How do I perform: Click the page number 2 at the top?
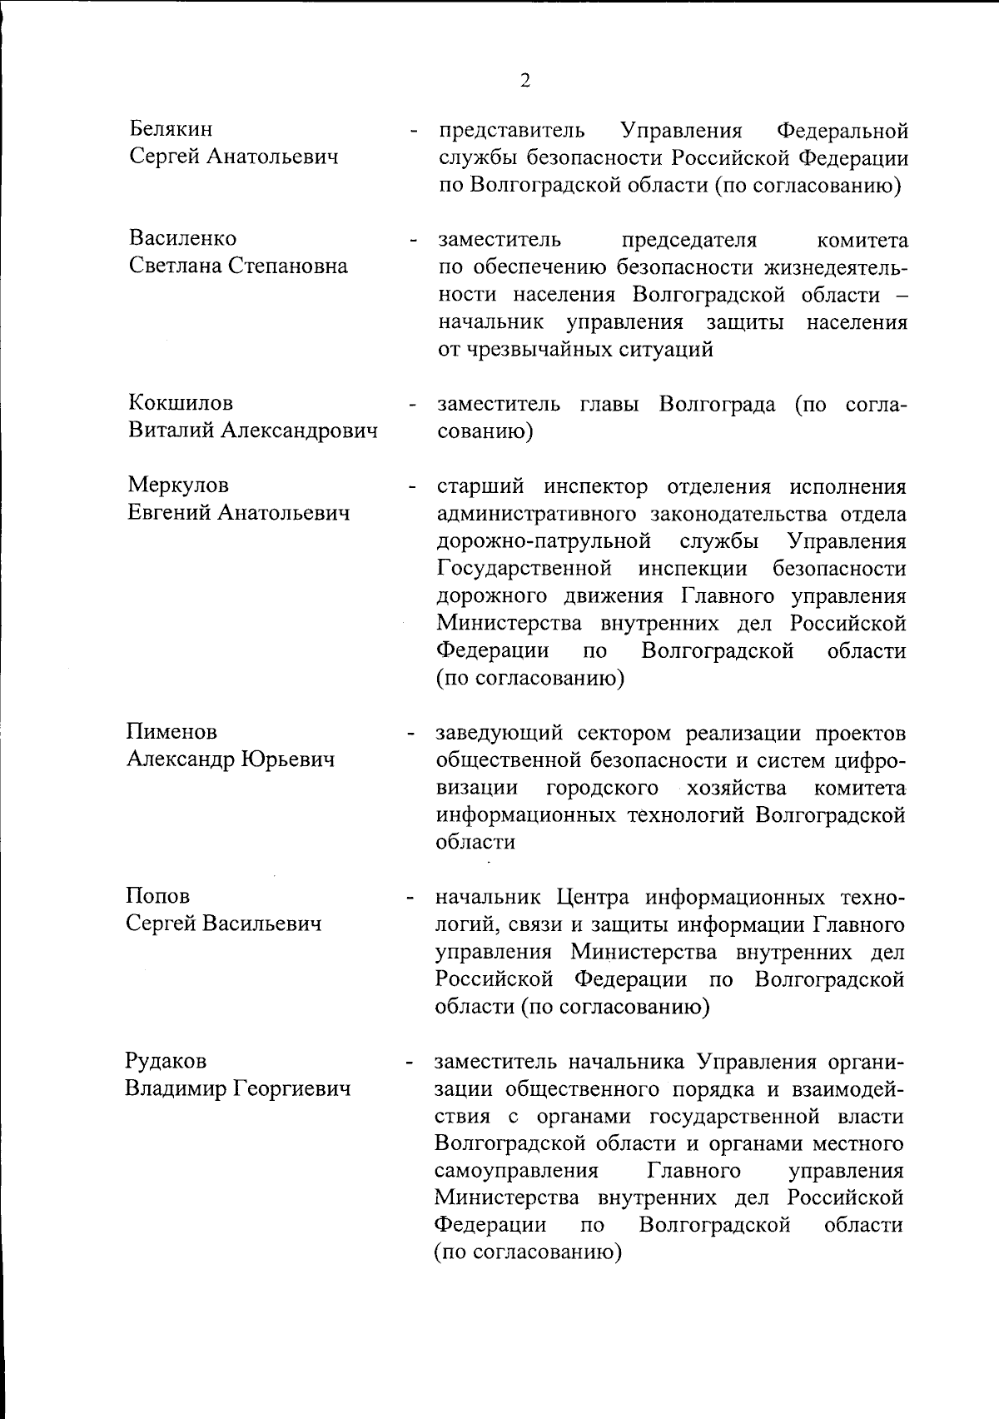click(524, 80)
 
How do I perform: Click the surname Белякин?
click(171, 129)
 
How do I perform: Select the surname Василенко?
click(182, 238)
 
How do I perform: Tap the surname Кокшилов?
click(180, 403)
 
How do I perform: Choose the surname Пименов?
click(171, 731)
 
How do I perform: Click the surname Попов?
click(157, 896)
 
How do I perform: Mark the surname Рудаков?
click(166, 1061)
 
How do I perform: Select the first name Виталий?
click(167, 431)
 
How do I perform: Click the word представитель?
click(511, 131)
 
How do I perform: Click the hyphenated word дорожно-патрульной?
click(544, 541)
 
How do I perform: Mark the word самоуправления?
click(516, 1171)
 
